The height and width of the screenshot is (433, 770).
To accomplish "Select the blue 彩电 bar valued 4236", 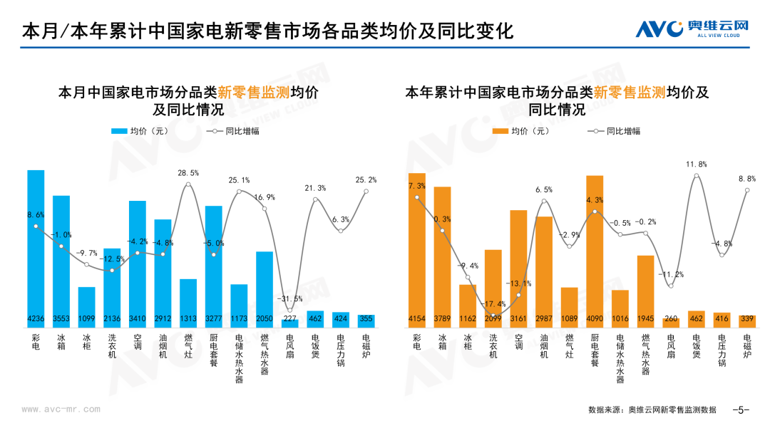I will coord(36,249).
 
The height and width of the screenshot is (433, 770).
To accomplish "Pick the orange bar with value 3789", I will coord(442,256).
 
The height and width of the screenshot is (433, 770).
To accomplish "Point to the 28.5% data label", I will coord(188,173).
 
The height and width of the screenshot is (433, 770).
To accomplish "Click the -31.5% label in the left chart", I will coord(289,298).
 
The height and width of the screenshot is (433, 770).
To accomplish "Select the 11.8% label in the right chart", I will coord(697,165).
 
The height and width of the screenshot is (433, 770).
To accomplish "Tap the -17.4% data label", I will coord(494,304).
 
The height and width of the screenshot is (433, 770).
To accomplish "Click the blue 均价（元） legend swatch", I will coord(118,131).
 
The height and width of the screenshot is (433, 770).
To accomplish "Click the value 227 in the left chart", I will coord(290,319).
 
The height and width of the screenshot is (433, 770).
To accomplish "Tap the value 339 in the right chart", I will coord(748,319).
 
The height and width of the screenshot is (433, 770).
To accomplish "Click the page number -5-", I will coord(741,409).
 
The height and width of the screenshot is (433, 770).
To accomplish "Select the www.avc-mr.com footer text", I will coord(61,409).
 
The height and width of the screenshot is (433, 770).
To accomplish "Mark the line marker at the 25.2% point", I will coord(366,191).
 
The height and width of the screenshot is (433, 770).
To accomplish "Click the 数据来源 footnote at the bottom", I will coord(652,409).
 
